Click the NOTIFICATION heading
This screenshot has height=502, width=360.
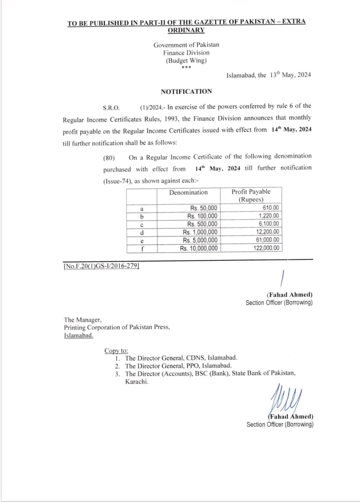point(186,91)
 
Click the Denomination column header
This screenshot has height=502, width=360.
point(188,192)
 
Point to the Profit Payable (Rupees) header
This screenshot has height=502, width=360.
point(250,195)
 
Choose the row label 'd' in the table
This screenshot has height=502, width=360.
point(142,232)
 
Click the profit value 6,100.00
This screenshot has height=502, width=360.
point(269,224)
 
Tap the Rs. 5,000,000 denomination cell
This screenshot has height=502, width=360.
point(199,240)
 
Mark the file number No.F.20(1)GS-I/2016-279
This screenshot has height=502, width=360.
point(101,266)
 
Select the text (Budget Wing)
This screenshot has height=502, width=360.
point(186,60)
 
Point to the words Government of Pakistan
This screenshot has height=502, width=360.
point(186,45)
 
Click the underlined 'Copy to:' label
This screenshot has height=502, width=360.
point(116,351)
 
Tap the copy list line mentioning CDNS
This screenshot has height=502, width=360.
point(181,358)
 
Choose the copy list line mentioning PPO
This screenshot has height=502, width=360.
point(178,366)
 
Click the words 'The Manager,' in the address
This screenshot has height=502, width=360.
point(82,320)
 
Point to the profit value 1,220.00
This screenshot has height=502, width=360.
point(269,216)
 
